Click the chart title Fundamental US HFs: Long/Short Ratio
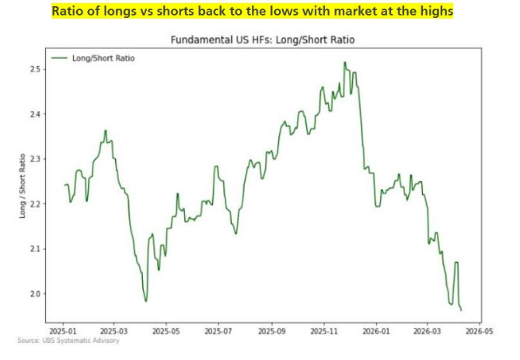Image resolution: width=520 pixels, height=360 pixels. coord(269,40)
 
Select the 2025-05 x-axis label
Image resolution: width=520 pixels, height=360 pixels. coord(166,330)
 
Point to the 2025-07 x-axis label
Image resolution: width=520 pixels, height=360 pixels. coord(219,330)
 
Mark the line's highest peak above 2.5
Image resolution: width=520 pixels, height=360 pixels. coord(344,62)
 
